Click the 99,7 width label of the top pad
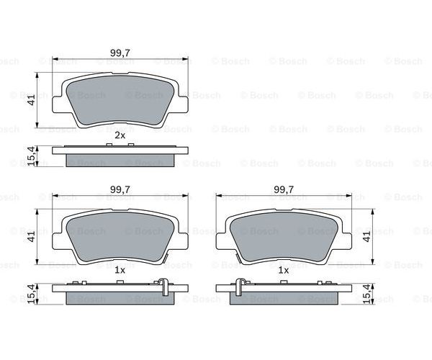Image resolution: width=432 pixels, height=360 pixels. click(x=120, y=53)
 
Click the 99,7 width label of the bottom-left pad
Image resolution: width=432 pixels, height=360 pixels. click(x=120, y=189)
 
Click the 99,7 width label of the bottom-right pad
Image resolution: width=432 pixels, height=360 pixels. click(x=284, y=189)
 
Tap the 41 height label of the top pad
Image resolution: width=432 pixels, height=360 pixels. click(x=32, y=99)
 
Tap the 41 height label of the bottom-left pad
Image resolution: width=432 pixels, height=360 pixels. click(x=32, y=236)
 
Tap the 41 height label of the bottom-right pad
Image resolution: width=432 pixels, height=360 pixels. click(x=367, y=236)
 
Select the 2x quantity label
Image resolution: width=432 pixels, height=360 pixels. click(x=120, y=135)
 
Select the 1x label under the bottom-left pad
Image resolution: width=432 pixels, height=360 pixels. click(x=120, y=270)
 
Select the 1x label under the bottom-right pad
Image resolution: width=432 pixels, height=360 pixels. click(x=284, y=270)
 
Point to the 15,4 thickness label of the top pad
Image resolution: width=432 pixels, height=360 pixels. click(x=32, y=156)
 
